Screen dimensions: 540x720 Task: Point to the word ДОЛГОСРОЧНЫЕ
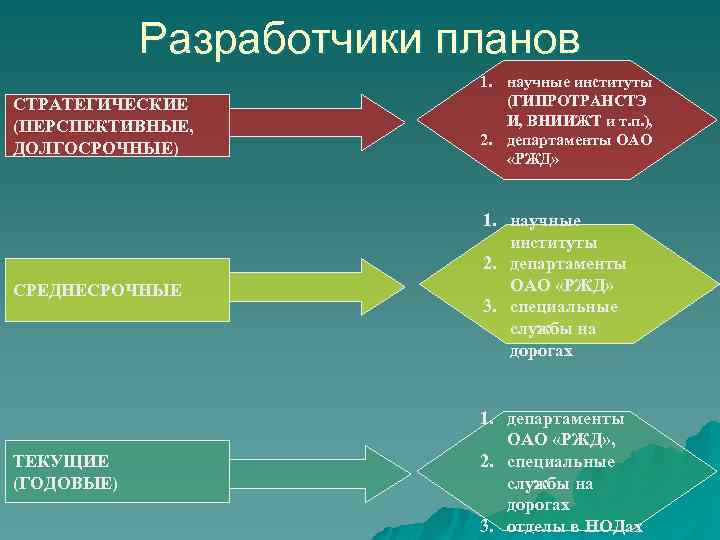point(96,148)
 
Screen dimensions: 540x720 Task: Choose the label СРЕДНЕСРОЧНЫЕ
point(97,290)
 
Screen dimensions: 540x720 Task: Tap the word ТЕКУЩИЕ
point(61,462)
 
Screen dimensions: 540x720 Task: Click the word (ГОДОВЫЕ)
point(65,483)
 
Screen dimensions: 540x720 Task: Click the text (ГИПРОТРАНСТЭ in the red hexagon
point(577,101)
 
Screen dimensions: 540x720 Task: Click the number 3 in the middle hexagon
point(489,307)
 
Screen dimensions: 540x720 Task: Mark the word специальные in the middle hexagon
point(563,307)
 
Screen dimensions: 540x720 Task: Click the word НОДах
point(614,526)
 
